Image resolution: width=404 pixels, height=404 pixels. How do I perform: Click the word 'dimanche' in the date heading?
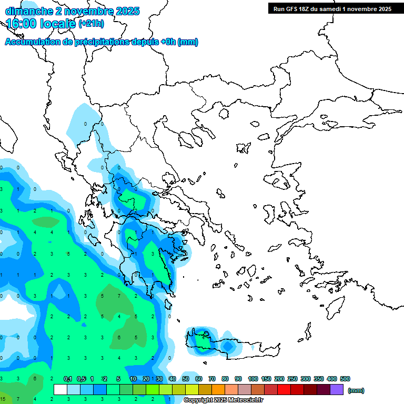(x=29, y=11)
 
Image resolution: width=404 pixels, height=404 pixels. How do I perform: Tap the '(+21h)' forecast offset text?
(x=91, y=24)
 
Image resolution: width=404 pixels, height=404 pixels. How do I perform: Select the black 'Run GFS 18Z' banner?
(x=331, y=8)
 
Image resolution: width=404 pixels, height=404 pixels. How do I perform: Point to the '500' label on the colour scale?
(x=345, y=379)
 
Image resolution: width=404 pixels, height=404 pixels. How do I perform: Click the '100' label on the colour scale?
(x=253, y=379)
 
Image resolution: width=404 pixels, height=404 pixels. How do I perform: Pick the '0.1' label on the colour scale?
(x=68, y=379)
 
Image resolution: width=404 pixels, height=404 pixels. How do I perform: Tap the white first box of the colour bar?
(x=60, y=390)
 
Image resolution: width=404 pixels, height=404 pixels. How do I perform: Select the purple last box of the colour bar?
(x=337, y=390)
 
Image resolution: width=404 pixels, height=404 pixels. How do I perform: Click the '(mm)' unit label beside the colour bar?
(x=356, y=390)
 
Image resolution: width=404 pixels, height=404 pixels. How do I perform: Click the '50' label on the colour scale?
(x=186, y=379)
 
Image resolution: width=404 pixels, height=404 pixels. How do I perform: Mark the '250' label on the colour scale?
(x=292, y=379)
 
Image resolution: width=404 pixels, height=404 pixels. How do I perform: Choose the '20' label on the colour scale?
(x=146, y=379)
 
